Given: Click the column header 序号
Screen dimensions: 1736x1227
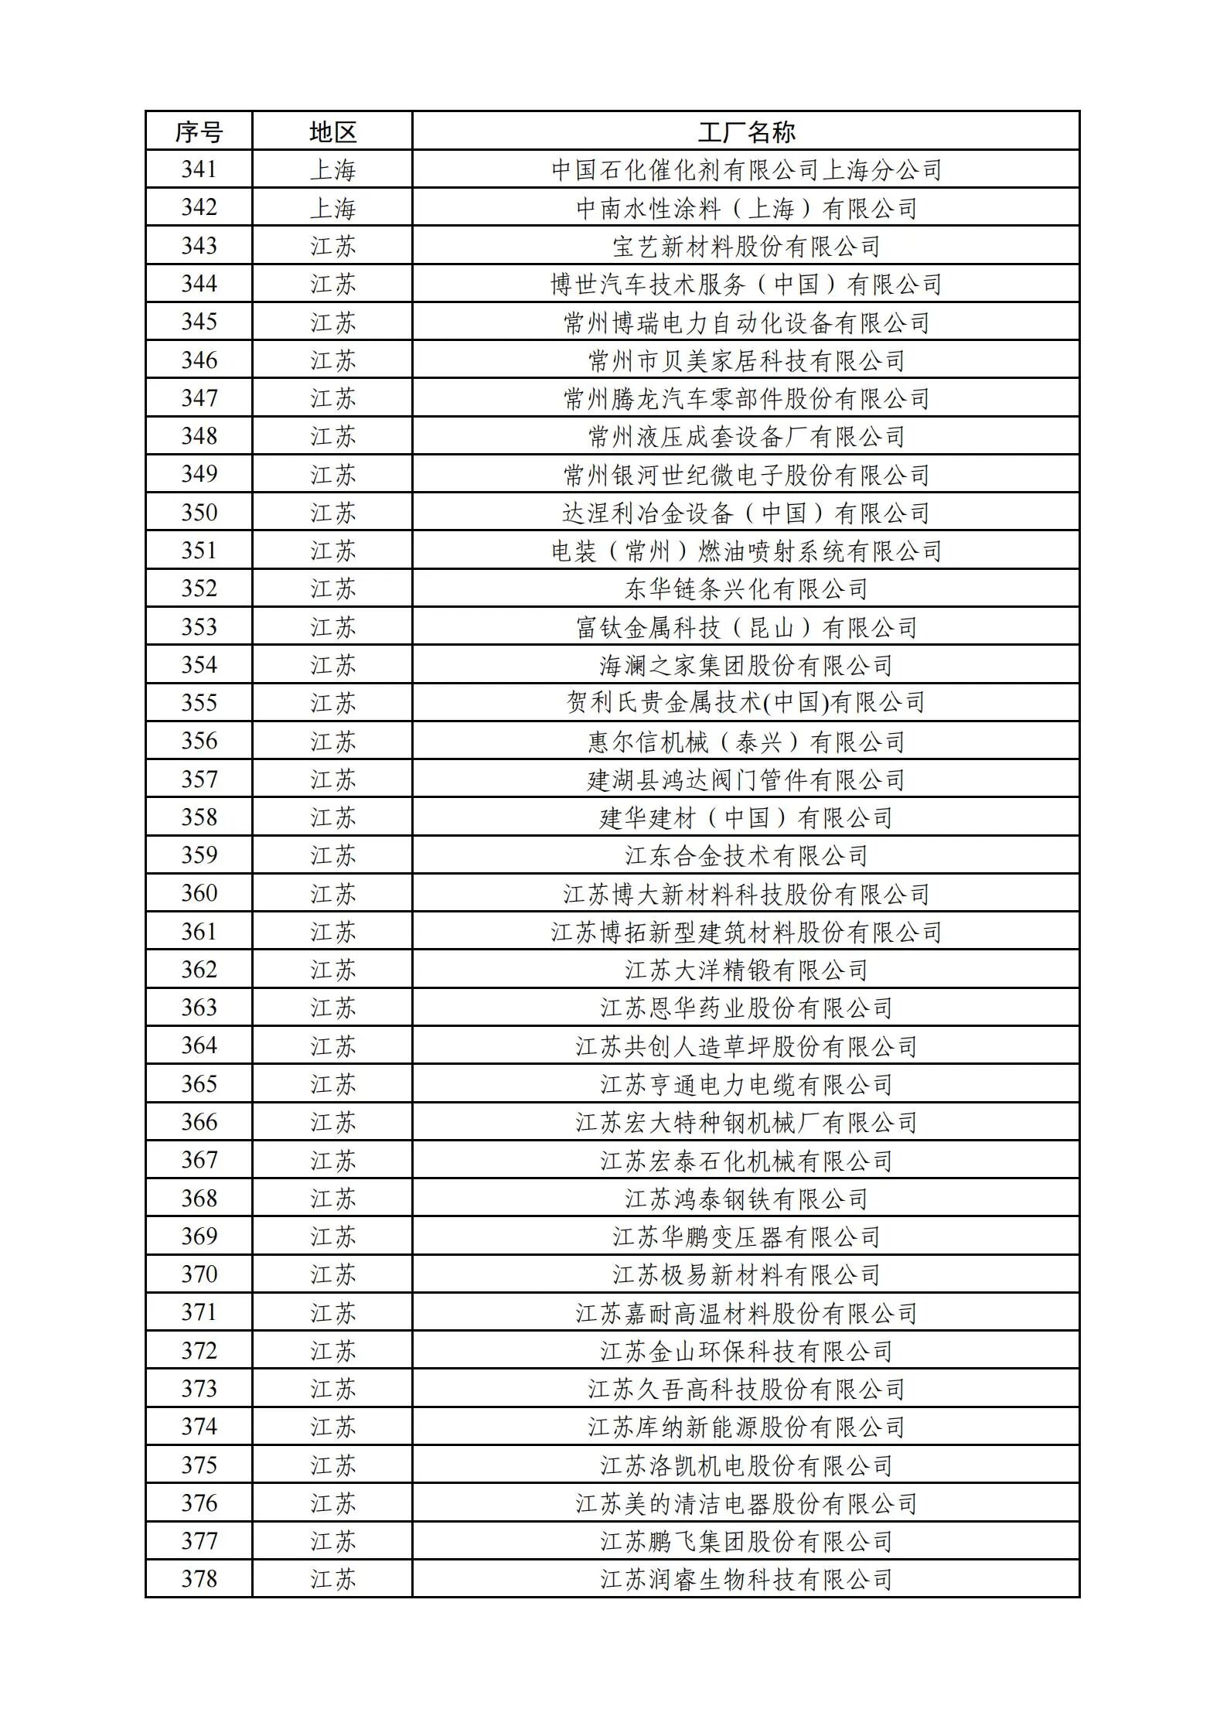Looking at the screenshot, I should [x=199, y=131].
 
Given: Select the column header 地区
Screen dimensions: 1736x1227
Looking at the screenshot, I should [x=332, y=131].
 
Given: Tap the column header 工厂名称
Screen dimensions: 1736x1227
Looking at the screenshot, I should [x=746, y=131].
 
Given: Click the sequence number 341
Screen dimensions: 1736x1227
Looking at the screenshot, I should [x=199, y=169].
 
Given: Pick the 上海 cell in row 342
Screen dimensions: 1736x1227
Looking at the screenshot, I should [x=332, y=208].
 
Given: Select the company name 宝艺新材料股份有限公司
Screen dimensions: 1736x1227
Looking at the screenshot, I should [x=746, y=246].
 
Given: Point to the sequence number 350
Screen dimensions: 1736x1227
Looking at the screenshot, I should [x=199, y=513].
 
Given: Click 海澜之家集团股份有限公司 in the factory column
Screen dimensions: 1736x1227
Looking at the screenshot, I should [x=746, y=665].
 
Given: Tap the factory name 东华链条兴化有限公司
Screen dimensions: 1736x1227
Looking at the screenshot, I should [x=746, y=589].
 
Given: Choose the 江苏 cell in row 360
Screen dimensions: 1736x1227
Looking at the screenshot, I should [x=332, y=894].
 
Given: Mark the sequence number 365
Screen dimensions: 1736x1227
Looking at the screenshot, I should [x=199, y=1084].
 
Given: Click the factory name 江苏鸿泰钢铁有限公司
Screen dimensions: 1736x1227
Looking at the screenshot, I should [x=746, y=1199].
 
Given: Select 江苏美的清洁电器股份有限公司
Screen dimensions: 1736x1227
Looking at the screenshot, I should [x=746, y=1503].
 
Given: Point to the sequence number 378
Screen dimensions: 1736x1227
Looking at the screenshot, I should [x=199, y=1579].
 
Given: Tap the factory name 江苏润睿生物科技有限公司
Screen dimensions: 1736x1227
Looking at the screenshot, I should [x=746, y=1579].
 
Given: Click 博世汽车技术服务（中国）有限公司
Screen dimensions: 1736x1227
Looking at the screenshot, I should [x=746, y=285].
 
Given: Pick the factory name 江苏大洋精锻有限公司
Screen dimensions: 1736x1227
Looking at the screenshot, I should [x=746, y=970].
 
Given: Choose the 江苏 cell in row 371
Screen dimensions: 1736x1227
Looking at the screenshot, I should [x=332, y=1313].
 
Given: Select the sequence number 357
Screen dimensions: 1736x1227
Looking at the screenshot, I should [x=199, y=779].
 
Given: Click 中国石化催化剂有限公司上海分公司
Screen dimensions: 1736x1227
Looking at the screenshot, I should [x=746, y=169].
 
